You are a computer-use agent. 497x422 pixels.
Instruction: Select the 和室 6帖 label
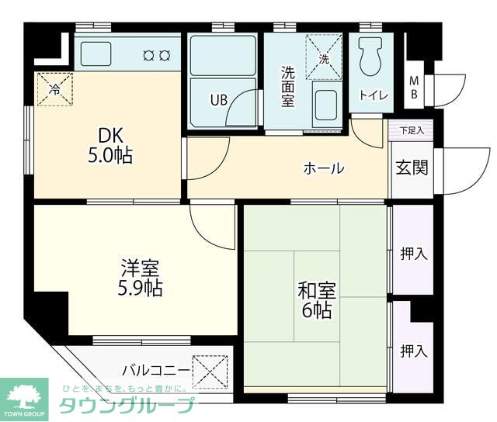tap(316, 302)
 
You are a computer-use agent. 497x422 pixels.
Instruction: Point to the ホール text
tap(323, 168)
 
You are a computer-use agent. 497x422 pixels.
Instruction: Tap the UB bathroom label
tap(220, 99)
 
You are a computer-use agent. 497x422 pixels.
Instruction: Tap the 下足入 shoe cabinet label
tap(412, 130)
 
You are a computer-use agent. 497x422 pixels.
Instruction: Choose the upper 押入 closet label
tap(413, 254)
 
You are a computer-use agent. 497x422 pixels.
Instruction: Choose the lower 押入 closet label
tap(413, 351)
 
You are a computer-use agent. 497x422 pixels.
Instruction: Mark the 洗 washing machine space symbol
tap(325, 57)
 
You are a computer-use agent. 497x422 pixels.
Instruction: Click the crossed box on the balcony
tap(210, 368)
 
